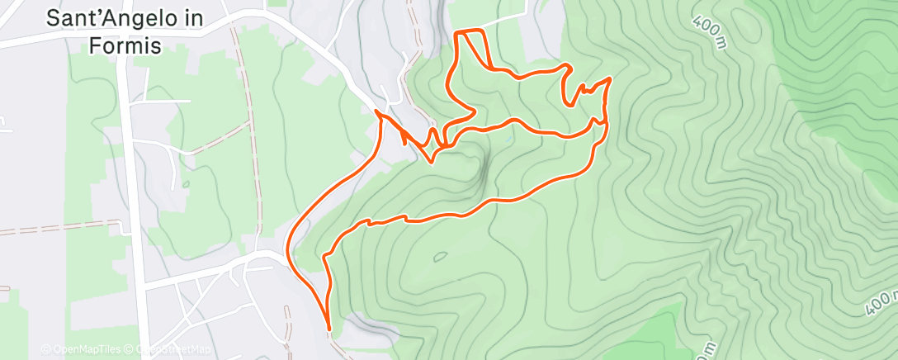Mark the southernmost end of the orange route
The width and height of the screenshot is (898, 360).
click(328, 329)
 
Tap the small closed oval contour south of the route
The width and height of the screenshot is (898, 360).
click(440, 258)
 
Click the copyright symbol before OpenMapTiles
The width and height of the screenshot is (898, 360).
click(45, 350)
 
